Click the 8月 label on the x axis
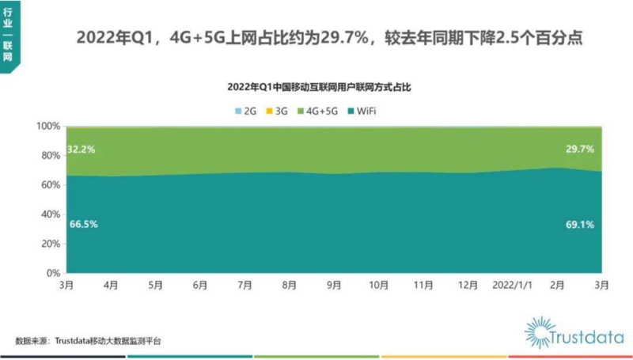pos(290,283)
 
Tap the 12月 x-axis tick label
pos(468,283)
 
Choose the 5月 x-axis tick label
pos(156,283)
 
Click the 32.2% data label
pos(81,149)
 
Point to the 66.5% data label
pos(81,225)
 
